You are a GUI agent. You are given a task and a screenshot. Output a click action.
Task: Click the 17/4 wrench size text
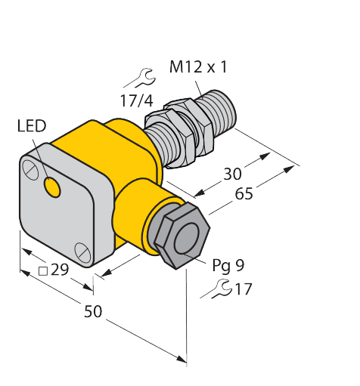tap(135, 101)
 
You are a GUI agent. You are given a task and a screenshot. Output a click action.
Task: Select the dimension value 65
tap(244, 193)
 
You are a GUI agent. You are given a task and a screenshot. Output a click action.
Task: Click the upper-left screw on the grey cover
tap(32, 165)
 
